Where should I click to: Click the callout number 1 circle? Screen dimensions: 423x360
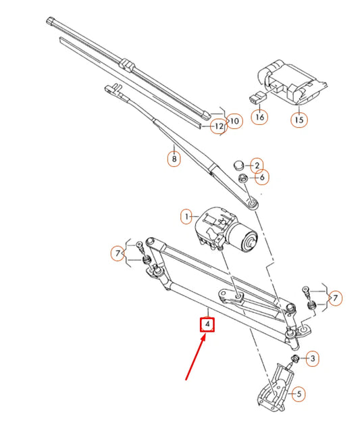(185, 217)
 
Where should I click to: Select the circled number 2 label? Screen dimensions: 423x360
(257, 165)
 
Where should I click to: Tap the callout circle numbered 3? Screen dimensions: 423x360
(311, 359)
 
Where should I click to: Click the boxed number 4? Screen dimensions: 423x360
(209, 326)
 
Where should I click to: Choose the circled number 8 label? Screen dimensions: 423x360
(174, 159)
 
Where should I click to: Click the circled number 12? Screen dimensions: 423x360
(218, 126)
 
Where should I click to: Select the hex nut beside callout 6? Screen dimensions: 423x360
(242, 178)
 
